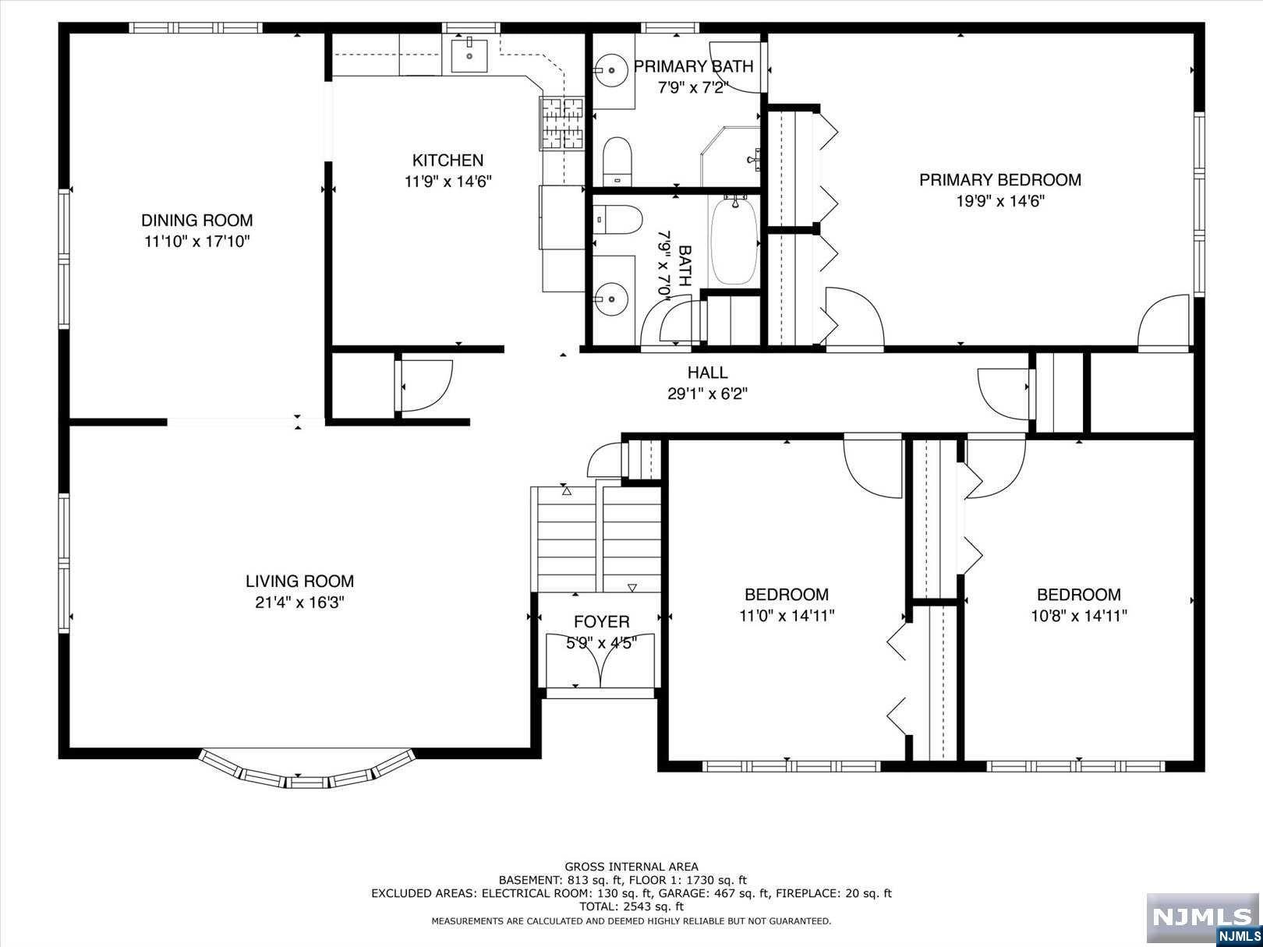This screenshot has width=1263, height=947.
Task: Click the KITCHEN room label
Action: coord(448,160)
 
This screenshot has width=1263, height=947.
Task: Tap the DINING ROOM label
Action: coord(196,221)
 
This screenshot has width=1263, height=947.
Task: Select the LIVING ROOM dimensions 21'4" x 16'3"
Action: coord(300,602)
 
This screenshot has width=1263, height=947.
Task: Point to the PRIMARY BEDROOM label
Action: coord(1000,180)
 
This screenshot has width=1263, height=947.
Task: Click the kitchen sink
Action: coord(469,56)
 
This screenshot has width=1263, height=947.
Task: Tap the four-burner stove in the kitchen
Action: coord(561,122)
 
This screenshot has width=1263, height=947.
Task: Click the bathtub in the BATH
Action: coord(734,242)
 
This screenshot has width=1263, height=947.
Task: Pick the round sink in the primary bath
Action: coord(611,71)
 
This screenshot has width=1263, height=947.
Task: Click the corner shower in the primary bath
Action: coord(731,157)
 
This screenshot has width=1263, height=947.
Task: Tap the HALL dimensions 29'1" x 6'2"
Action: coord(707,394)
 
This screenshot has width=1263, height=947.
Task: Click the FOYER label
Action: coord(601,621)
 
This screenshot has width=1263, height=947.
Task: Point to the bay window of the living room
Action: coord(306,769)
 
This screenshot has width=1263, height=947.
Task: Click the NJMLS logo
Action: coord(1204,918)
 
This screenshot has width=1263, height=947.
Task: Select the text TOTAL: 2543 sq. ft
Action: coord(631,906)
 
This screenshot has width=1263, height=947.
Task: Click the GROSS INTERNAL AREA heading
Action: coord(631,867)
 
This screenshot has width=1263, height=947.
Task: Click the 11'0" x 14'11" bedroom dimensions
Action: coord(787,616)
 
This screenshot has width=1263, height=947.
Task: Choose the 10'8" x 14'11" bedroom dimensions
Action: coord(1079,616)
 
